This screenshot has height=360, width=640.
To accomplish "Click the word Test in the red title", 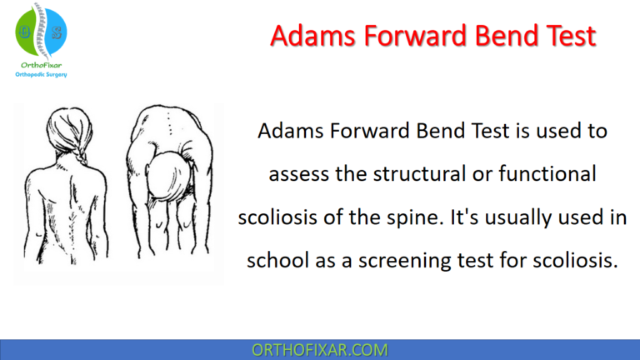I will [567, 35].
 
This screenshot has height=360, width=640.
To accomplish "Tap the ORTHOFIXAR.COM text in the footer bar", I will [319, 349].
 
